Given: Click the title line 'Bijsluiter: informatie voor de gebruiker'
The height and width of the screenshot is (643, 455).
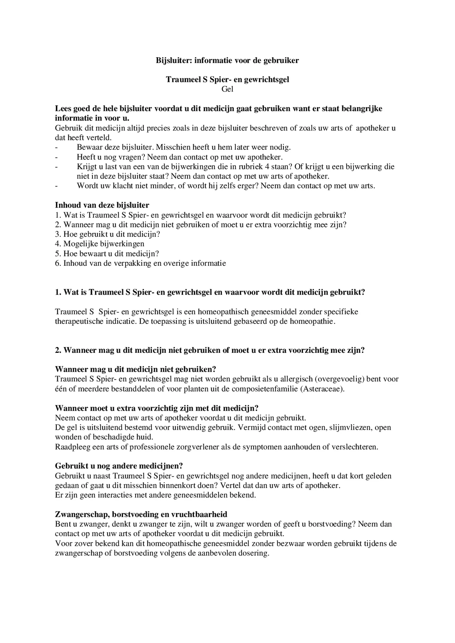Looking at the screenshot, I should tap(227, 61).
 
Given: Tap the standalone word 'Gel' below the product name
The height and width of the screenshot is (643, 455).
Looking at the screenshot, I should tap(227, 89).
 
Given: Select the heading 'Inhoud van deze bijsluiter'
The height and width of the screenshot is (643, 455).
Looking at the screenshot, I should tap(102, 205).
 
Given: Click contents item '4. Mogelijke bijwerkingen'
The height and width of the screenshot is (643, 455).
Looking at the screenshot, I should tap(100, 244).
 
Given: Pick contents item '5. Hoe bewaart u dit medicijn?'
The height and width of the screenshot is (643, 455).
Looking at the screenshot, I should tap(107, 254).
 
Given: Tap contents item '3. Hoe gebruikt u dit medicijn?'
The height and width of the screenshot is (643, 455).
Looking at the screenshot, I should tap(108, 234).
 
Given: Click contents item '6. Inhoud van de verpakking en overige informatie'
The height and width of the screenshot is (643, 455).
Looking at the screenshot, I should tap(140, 263).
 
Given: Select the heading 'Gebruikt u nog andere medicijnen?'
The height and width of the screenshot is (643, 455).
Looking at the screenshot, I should tap(119, 466).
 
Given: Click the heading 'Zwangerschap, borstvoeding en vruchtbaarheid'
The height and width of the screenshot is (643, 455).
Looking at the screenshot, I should tap(141, 515).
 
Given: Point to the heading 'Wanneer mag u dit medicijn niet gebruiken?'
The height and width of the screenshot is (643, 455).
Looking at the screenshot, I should tap(136, 369).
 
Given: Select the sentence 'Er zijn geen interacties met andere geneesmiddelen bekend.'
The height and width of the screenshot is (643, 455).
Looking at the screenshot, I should tap(155, 495).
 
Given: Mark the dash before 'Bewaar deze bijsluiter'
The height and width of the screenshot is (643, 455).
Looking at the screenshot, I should tap(56, 148).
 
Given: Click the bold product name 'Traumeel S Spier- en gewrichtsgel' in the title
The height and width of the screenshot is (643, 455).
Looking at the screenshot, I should tap(227, 80).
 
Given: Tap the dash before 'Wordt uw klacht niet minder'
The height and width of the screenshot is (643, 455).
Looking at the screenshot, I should tap(56, 186).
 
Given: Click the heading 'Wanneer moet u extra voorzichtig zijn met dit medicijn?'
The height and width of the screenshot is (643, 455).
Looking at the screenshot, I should tap(157, 408).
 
